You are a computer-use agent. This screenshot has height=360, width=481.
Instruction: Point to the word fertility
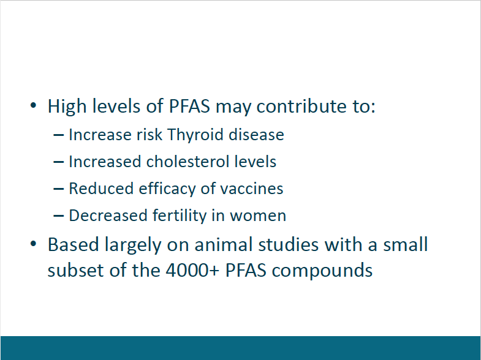[180, 216]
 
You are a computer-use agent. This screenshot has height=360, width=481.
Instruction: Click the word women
[258, 216]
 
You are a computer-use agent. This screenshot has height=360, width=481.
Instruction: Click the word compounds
[322, 271]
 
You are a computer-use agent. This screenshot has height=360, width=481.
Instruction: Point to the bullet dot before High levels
[34, 106]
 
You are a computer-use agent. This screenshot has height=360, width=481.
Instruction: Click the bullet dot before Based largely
[34, 244]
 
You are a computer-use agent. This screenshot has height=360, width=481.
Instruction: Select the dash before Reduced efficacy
[59, 189]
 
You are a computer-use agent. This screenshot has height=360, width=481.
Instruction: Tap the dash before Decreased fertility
[59, 216]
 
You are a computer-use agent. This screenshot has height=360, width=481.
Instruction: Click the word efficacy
[167, 189]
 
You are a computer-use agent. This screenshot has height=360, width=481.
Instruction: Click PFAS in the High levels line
[189, 107]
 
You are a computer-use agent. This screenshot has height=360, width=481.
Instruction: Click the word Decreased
[108, 216]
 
